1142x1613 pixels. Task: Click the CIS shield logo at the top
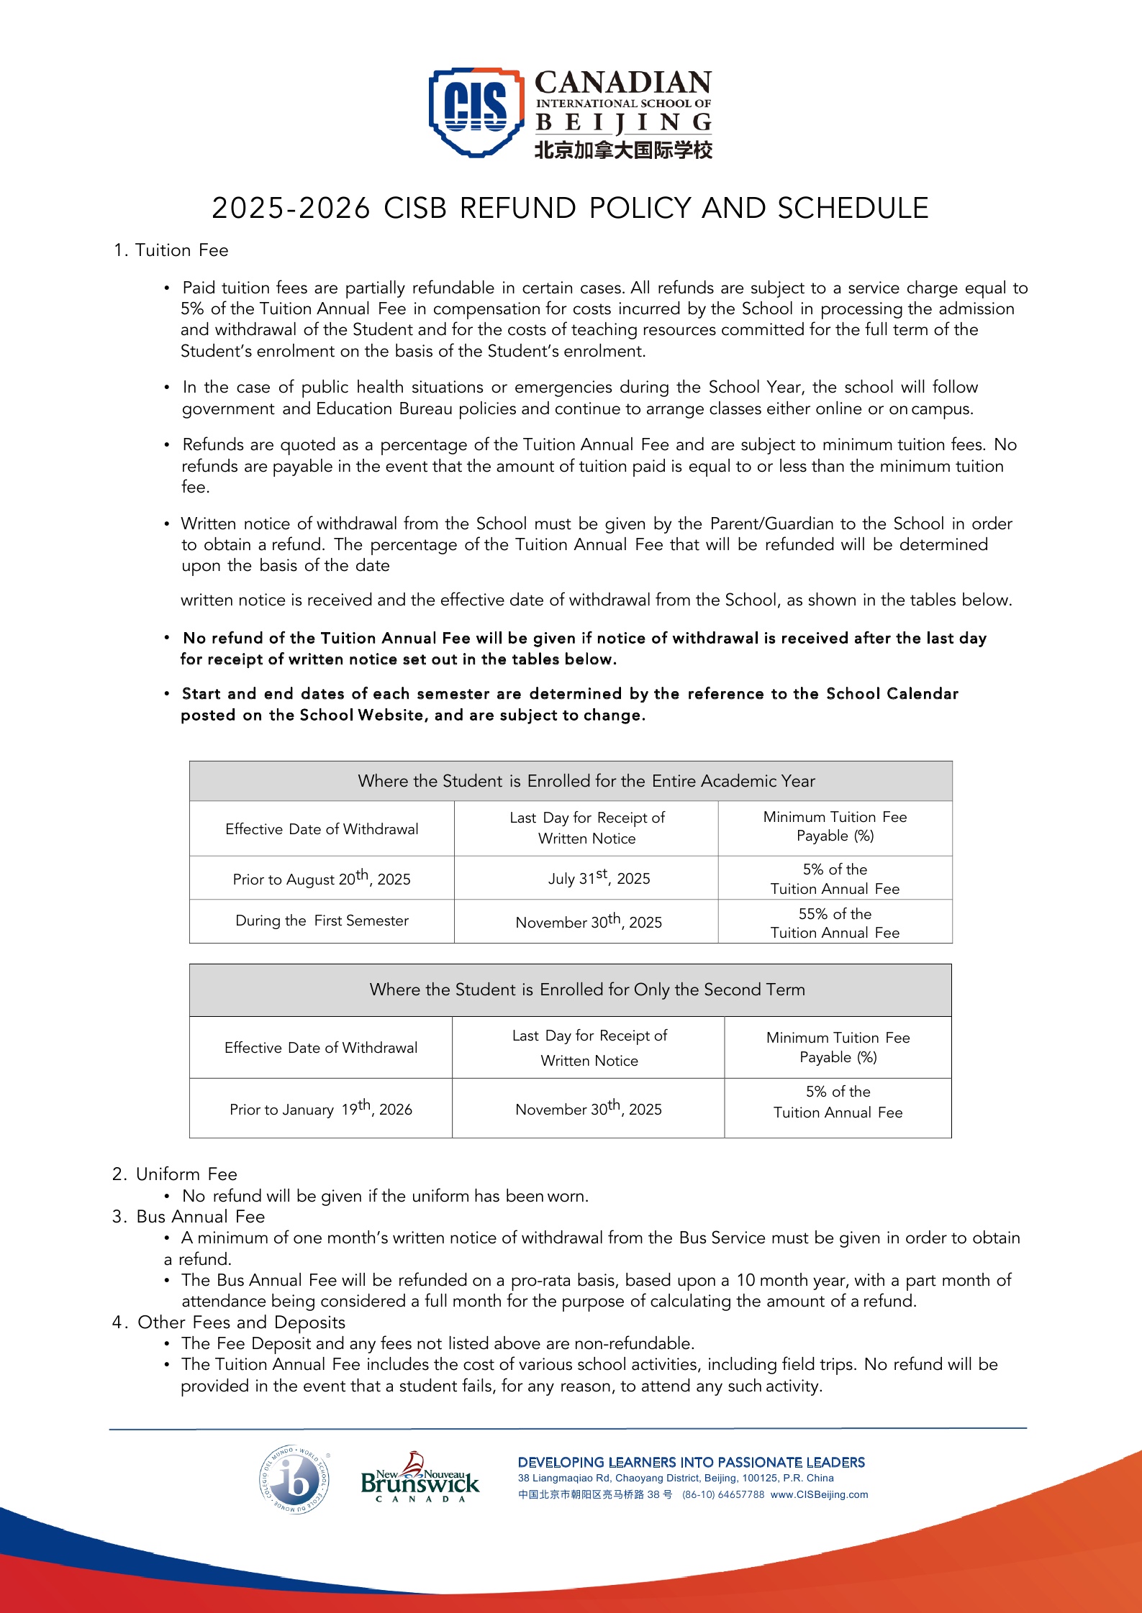coord(476,111)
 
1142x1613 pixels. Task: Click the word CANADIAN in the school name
coord(623,83)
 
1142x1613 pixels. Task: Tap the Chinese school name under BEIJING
coord(623,150)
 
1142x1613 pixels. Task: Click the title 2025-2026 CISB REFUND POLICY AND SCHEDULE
coord(570,209)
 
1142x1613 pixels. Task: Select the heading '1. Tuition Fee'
coord(171,250)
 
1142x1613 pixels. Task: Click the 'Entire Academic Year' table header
coord(586,781)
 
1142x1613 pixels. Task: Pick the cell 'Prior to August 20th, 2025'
coord(322,878)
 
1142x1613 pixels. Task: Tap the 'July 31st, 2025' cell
coord(599,877)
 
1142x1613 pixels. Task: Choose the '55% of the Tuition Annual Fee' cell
coord(835,923)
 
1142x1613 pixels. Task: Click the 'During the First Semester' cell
coord(322,920)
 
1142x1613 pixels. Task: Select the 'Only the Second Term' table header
coord(587,990)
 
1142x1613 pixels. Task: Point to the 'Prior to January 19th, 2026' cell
coord(321,1108)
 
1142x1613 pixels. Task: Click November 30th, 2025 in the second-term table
coord(589,1108)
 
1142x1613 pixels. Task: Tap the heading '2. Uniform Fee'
coord(175,1174)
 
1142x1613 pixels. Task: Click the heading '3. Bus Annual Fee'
coord(189,1217)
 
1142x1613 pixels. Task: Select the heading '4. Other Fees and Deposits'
coord(229,1322)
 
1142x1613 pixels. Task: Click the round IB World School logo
coord(294,1479)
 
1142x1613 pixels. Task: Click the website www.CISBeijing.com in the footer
coord(819,1494)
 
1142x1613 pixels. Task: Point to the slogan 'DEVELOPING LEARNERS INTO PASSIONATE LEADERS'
coord(692,1462)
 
